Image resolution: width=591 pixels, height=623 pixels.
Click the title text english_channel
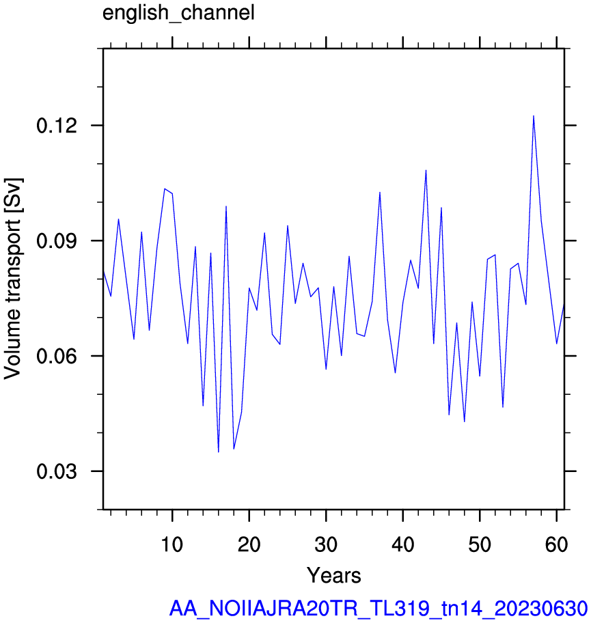[x=178, y=13]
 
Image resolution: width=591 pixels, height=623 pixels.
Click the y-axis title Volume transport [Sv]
[x=13, y=279]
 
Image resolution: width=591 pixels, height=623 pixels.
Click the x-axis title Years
[x=334, y=575]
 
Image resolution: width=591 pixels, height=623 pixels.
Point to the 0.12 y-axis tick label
[x=57, y=126]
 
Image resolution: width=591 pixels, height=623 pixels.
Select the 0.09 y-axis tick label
[x=57, y=240]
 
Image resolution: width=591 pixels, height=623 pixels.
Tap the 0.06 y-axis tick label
[x=57, y=356]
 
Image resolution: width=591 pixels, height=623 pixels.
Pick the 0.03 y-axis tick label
[x=57, y=471]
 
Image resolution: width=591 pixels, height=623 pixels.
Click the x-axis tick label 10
[x=171, y=544]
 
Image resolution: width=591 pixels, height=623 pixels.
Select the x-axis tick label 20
[x=249, y=544]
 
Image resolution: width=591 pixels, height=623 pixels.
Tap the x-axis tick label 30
[x=326, y=544]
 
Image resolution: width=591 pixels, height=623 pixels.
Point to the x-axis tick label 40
[x=402, y=544]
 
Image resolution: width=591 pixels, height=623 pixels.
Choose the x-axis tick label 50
[x=480, y=544]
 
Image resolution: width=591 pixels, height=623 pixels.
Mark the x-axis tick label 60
[x=556, y=544]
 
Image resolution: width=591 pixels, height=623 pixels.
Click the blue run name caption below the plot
[x=379, y=608]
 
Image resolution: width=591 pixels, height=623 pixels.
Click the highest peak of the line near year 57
[x=534, y=116]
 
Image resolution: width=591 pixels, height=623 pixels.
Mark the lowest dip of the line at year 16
[x=218, y=452]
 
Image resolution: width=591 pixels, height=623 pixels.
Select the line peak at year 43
[x=426, y=171]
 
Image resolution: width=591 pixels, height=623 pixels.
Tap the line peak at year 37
[x=380, y=193]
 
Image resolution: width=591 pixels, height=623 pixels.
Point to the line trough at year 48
[x=464, y=421]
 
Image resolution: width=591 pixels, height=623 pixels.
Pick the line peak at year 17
[x=226, y=206]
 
